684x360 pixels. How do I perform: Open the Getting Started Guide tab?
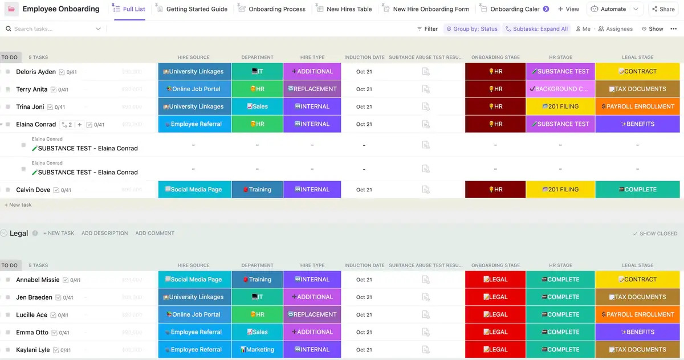197,9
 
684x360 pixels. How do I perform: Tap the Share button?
663,9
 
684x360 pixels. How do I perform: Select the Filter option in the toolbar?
427,29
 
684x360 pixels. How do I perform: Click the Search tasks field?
54,29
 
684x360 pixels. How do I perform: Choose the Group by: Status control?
471,29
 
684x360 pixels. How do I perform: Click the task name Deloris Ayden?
36,72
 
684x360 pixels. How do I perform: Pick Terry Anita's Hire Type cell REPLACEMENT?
312,89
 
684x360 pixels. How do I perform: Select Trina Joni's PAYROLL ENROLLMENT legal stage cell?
637,107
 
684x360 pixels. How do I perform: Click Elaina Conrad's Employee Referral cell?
194,124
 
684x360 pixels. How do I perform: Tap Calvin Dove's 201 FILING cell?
560,190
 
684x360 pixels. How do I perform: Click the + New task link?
18,204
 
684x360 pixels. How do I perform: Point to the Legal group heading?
19,234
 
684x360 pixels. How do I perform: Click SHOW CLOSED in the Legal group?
655,234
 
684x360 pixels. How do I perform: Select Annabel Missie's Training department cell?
257,280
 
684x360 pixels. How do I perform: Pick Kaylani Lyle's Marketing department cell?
257,350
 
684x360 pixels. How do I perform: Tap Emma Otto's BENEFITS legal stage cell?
637,332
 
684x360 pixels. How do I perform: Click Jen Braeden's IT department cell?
257,297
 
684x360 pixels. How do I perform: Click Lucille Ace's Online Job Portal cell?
194,314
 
